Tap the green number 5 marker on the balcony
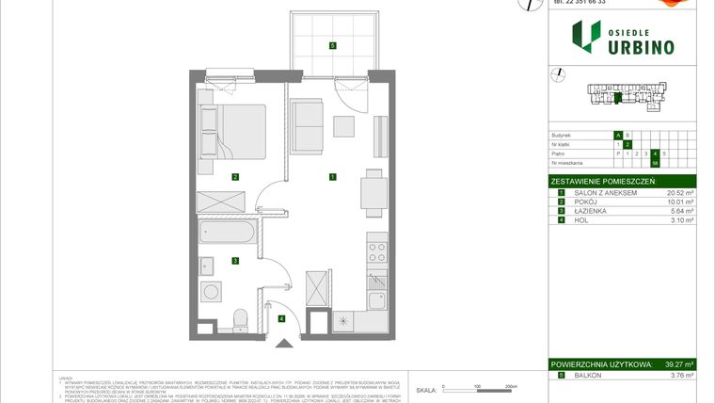pos(332,45)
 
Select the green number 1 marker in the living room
pos(332,176)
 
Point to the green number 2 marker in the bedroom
pos(235,176)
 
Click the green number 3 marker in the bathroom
pos(235,261)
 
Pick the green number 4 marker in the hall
pos(281,318)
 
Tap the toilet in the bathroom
pos(239,318)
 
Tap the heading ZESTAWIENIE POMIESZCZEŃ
pos(603,180)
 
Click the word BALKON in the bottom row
pos(586,375)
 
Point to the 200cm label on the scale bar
pos(511,387)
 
